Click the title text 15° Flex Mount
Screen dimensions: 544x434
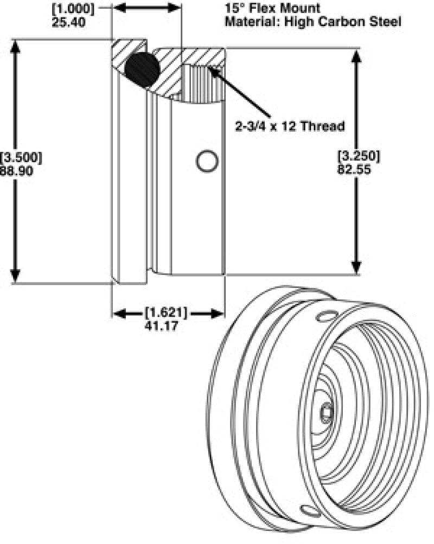coord(272,9)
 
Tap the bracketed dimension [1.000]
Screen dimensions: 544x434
coord(73,9)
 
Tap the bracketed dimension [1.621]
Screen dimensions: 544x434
coord(166,313)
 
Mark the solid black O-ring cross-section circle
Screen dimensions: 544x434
coord(142,69)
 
